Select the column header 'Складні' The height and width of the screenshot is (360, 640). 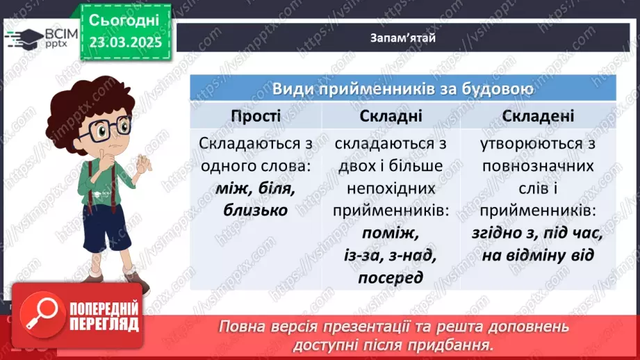point(391,115)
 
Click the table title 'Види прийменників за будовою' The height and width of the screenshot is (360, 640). point(403,89)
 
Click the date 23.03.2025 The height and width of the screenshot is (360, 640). point(125,42)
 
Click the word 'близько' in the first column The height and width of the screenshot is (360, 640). point(255,209)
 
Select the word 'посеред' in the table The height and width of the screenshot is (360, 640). point(391,278)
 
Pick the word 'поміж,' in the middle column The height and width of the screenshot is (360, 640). point(391,233)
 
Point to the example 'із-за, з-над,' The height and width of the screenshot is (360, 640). point(391,256)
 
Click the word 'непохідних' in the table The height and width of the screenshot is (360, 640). point(391,188)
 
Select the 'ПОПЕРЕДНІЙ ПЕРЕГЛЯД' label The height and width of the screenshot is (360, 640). point(104,316)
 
